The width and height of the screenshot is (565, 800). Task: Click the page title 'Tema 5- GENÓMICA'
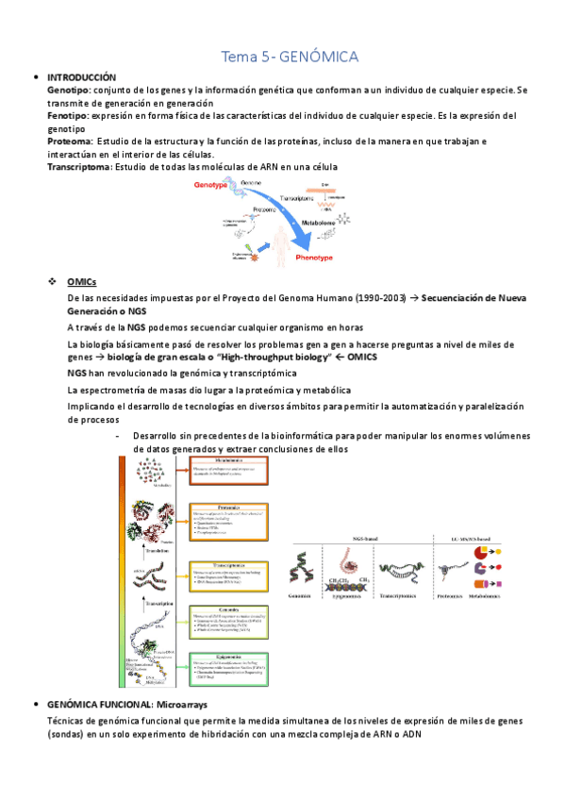(x=289, y=58)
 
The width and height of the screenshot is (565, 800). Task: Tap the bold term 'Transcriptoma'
(x=79, y=167)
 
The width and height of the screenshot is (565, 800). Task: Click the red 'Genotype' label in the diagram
(x=211, y=185)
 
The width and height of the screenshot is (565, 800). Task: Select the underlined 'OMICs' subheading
(x=82, y=283)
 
